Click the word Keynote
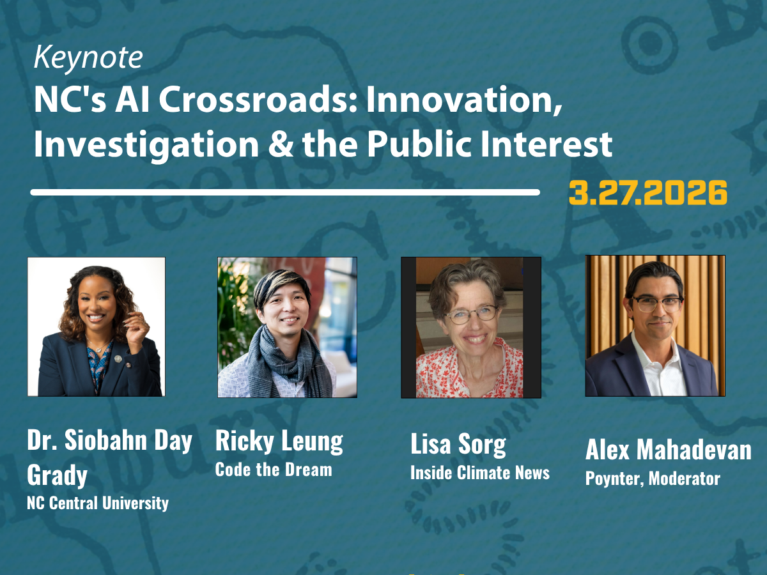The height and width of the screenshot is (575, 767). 88,58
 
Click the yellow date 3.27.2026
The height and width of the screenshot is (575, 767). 648,193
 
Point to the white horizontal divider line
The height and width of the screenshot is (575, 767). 285,192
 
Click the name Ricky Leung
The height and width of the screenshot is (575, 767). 279,441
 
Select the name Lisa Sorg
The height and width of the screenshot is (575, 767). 458,445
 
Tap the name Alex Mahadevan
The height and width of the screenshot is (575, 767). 669,449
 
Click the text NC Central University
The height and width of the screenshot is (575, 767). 98,503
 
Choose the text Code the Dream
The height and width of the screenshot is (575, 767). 274,470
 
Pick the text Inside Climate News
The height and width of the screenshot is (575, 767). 480,473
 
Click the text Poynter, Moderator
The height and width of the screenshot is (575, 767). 653,479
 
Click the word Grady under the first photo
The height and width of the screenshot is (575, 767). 58,475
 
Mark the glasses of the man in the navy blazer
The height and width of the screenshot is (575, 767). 656,303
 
